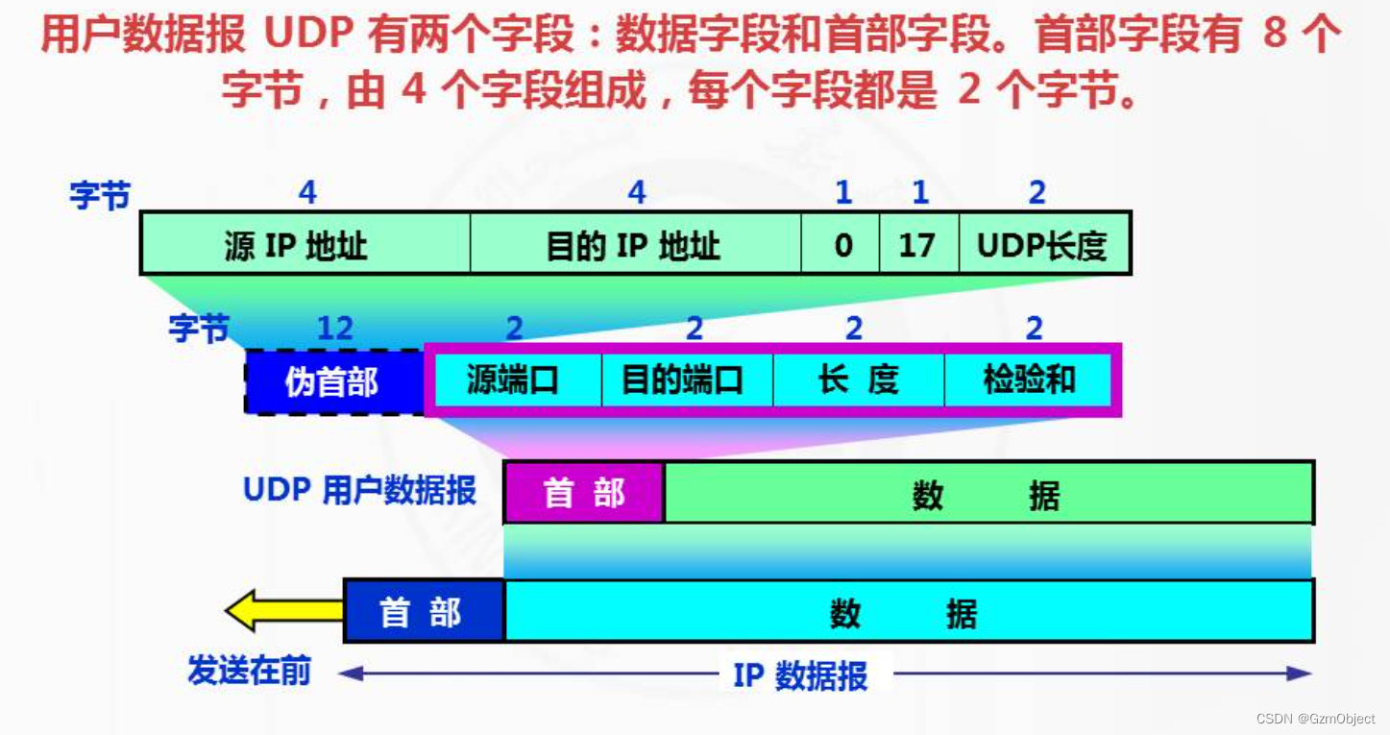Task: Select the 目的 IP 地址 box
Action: pyautogui.click(x=635, y=244)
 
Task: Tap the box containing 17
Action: pyautogui.click(x=918, y=244)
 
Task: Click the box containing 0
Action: pyautogui.click(x=841, y=244)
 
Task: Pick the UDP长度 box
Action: pyautogui.click(x=1043, y=244)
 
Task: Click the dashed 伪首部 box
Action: pyautogui.click(x=333, y=381)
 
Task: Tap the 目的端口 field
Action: pyautogui.click(x=685, y=380)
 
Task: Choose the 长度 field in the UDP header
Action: pyautogui.click(x=858, y=380)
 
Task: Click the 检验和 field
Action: pyautogui.click(x=1028, y=380)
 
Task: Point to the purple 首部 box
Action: pyautogui.click(x=584, y=493)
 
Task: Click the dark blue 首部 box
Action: pyautogui.click(x=424, y=611)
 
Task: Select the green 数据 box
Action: pyautogui.click(x=988, y=494)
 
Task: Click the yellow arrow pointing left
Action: pyautogui.click(x=282, y=611)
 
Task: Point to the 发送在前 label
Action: pyautogui.click(x=250, y=672)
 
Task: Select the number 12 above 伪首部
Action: pyautogui.click(x=335, y=329)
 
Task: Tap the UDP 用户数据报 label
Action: pyautogui.click(x=360, y=490)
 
